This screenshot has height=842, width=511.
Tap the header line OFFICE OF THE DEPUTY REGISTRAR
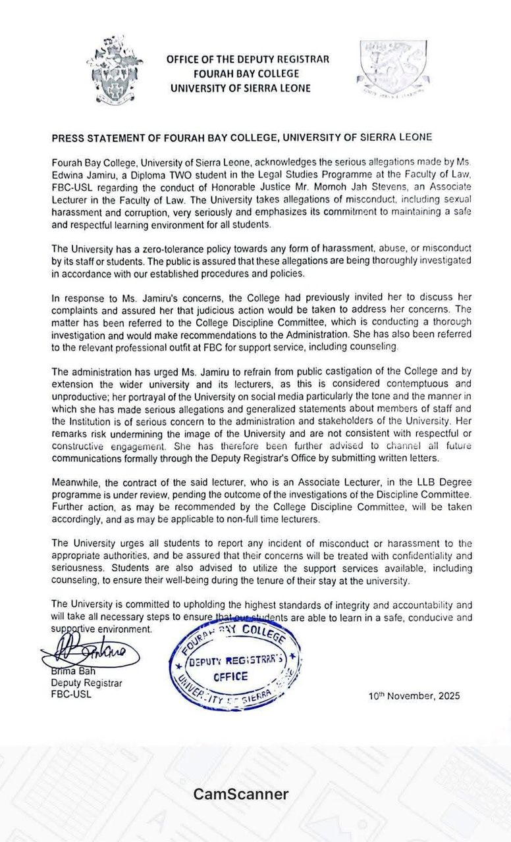(x=248, y=59)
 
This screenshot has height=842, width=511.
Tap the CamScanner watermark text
(x=241, y=794)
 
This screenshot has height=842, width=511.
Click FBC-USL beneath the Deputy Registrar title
(x=72, y=694)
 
